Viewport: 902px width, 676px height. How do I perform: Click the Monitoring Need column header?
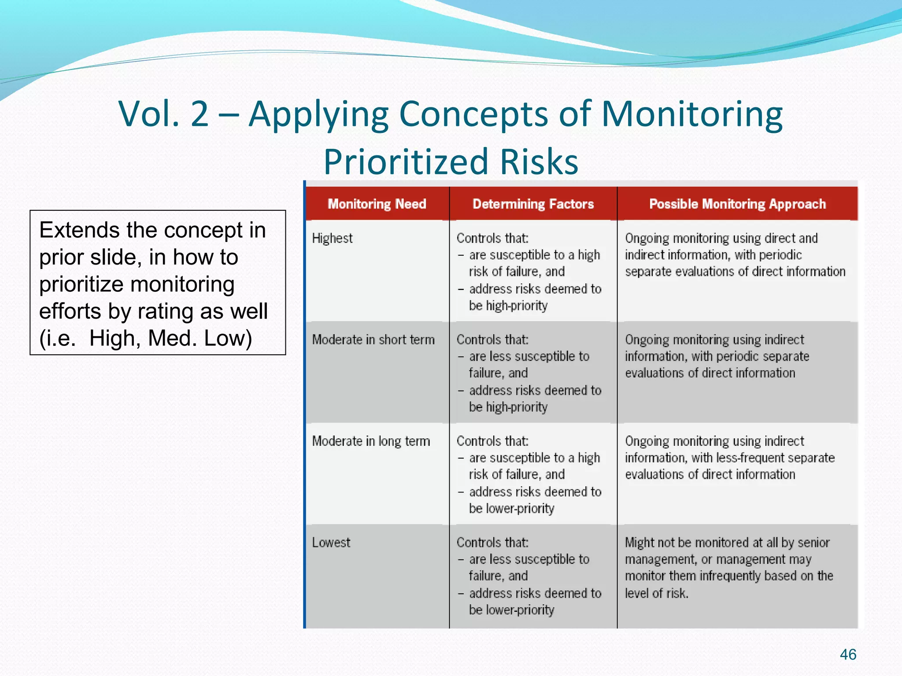coord(377,204)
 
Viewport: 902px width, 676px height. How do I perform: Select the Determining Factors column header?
coord(533,204)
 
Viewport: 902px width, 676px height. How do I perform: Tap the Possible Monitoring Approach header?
coord(737,204)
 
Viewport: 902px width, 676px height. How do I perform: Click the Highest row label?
coord(332,238)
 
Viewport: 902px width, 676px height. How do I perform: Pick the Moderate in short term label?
coord(373,339)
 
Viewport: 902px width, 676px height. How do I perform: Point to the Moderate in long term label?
coord(371,441)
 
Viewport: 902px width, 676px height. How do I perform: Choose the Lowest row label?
coord(331,542)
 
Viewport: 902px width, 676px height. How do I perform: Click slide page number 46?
coord(848,654)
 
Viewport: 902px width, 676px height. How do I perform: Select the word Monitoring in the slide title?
coord(691,114)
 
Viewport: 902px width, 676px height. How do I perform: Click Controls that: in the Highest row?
coord(492,238)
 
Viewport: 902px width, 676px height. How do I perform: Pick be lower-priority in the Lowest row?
coord(511,610)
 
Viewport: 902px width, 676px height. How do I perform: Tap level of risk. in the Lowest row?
coord(656,593)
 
